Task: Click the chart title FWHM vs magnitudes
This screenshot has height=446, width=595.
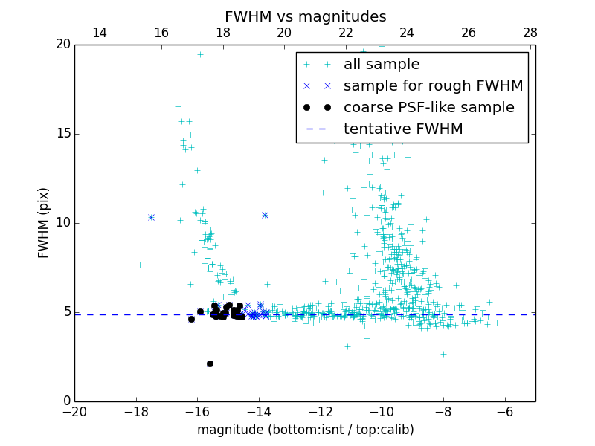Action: coord(305,16)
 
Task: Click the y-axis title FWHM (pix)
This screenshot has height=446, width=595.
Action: coord(44,222)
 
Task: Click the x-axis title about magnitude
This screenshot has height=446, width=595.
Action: coord(305,430)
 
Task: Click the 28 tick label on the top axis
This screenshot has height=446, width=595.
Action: coord(530,33)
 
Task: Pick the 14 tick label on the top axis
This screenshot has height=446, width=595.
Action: coord(100,33)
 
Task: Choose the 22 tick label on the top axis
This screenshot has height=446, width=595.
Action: coord(346,33)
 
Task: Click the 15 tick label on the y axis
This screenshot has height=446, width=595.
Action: coord(62,134)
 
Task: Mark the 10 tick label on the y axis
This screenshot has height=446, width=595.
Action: coord(62,223)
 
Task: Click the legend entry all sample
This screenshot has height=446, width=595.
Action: coord(382,65)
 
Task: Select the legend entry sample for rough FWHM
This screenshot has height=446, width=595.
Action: coord(433,86)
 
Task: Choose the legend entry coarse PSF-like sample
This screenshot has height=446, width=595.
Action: coord(428,108)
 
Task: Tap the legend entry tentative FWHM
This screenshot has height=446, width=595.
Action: coord(403,129)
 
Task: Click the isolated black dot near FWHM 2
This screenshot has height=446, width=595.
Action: coord(210,363)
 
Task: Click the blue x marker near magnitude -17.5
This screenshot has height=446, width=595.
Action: coord(151,217)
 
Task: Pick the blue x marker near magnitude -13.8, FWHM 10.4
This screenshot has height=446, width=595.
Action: coord(265,215)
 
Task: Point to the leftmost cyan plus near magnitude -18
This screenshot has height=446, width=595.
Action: coord(140,265)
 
